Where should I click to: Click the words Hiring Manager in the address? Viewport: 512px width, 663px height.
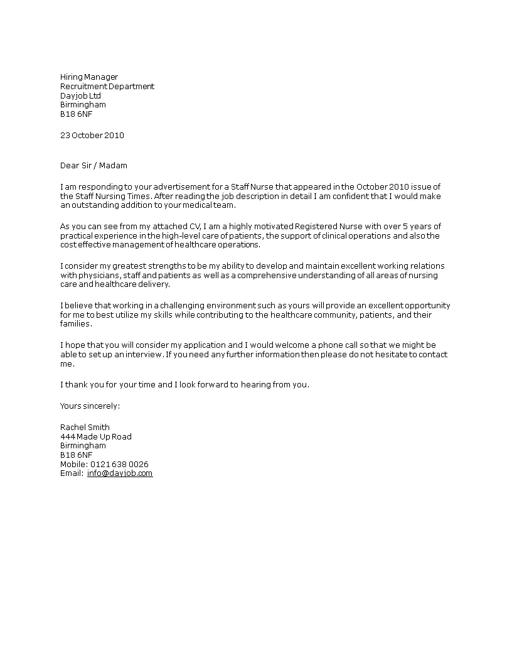(x=88, y=77)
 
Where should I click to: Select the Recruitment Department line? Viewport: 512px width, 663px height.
(x=107, y=87)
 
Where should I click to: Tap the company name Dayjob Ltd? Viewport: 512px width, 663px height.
(x=80, y=95)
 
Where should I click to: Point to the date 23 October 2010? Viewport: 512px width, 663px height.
(x=92, y=135)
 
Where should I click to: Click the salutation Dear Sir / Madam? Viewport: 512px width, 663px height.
(x=93, y=166)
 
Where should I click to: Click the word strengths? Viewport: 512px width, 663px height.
(x=156, y=266)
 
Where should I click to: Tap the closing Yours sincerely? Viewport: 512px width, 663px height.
(x=90, y=406)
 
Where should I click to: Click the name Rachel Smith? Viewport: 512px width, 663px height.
(x=85, y=428)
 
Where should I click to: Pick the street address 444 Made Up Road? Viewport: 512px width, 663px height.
(x=96, y=437)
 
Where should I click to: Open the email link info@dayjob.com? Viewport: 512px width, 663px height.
(x=120, y=473)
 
